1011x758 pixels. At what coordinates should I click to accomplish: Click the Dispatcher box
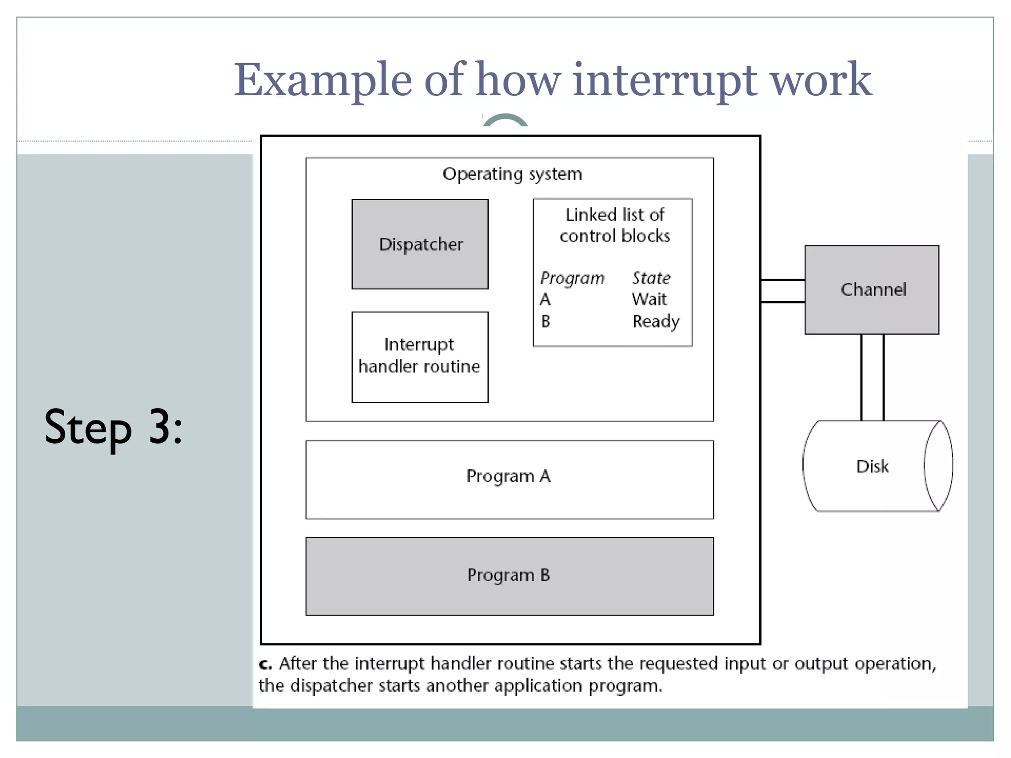click(x=420, y=244)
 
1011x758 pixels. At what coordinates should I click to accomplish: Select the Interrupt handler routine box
click(x=420, y=357)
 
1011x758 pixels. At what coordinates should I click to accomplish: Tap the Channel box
click(x=872, y=290)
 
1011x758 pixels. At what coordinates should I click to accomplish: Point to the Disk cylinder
click(x=872, y=466)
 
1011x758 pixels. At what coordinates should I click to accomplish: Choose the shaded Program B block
click(x=509, y=576)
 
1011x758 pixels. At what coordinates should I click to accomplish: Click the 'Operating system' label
click(x=512, y=174)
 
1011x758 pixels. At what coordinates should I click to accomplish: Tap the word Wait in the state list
click(x=649, y=299)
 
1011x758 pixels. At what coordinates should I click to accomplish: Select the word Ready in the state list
click(x=656, y=321)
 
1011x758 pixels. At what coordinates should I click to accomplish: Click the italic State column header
click(x=651, y=278)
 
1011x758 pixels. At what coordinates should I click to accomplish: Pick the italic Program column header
click(x=572, y=278)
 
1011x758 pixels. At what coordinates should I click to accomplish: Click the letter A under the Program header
click(x=545, y=300)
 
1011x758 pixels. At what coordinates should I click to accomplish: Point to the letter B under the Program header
click(x=545, y=322)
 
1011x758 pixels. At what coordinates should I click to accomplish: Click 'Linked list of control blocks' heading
click(x=615, y=225)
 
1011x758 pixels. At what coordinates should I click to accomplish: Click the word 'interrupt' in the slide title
click(x=664, y=80)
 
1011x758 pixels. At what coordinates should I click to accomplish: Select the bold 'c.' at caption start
click(x=265, y=664)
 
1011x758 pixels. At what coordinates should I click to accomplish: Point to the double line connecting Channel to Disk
click(x=872, y=377)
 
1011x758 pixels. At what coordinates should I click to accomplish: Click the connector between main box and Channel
click(x=782, y=291)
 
